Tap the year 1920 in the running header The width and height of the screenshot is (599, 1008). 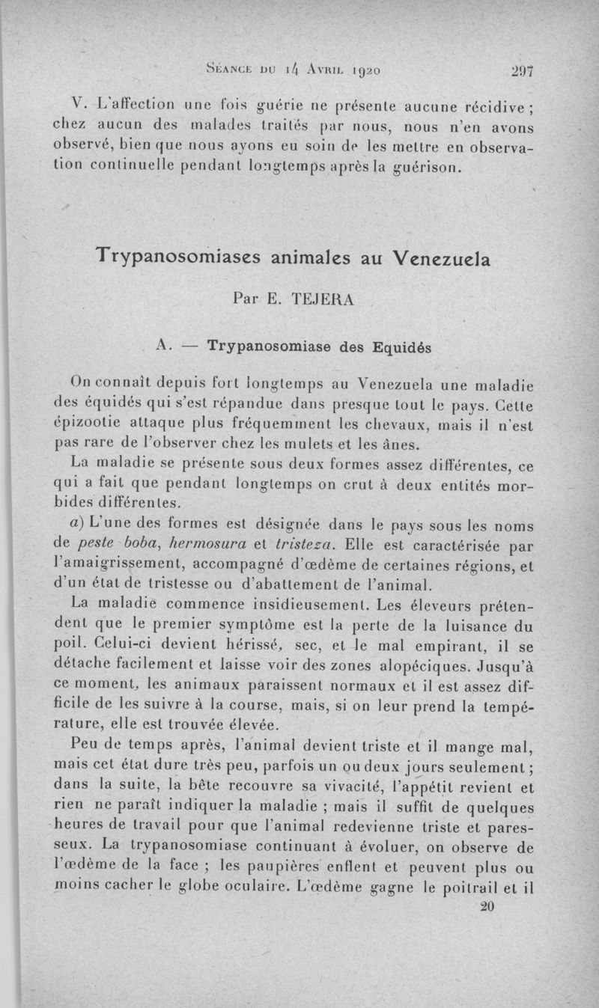pyautogui.click(x=363, y=71)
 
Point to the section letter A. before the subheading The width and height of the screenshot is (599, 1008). pyautogui.click(x=165, y=346)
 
